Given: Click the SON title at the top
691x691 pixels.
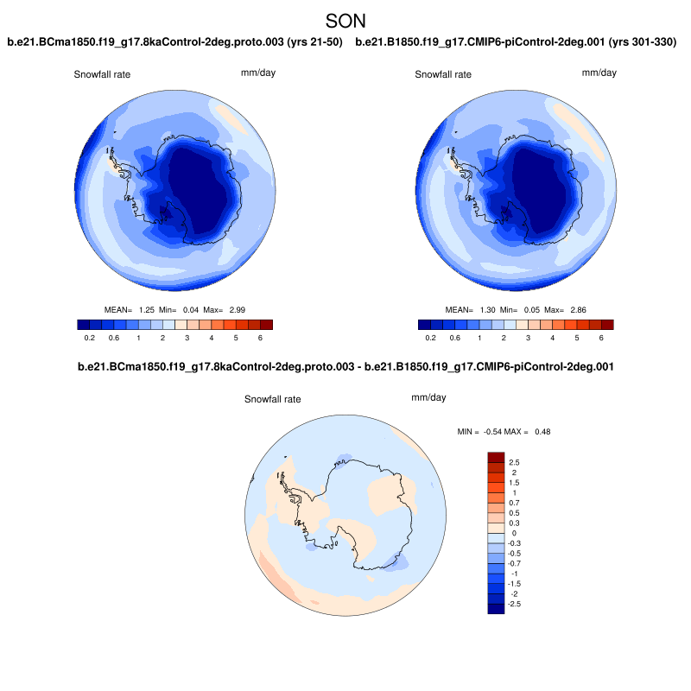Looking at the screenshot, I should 345,20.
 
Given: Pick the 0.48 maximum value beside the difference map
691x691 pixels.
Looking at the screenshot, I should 542,431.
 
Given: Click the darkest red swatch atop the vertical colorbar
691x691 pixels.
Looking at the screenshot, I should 496,456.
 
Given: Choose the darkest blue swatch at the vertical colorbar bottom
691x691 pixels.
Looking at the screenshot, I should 496,609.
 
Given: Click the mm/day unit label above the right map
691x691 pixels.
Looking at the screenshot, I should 599,73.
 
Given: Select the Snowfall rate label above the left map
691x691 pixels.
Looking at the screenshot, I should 101,75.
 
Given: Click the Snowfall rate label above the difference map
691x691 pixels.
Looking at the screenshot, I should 274,400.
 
